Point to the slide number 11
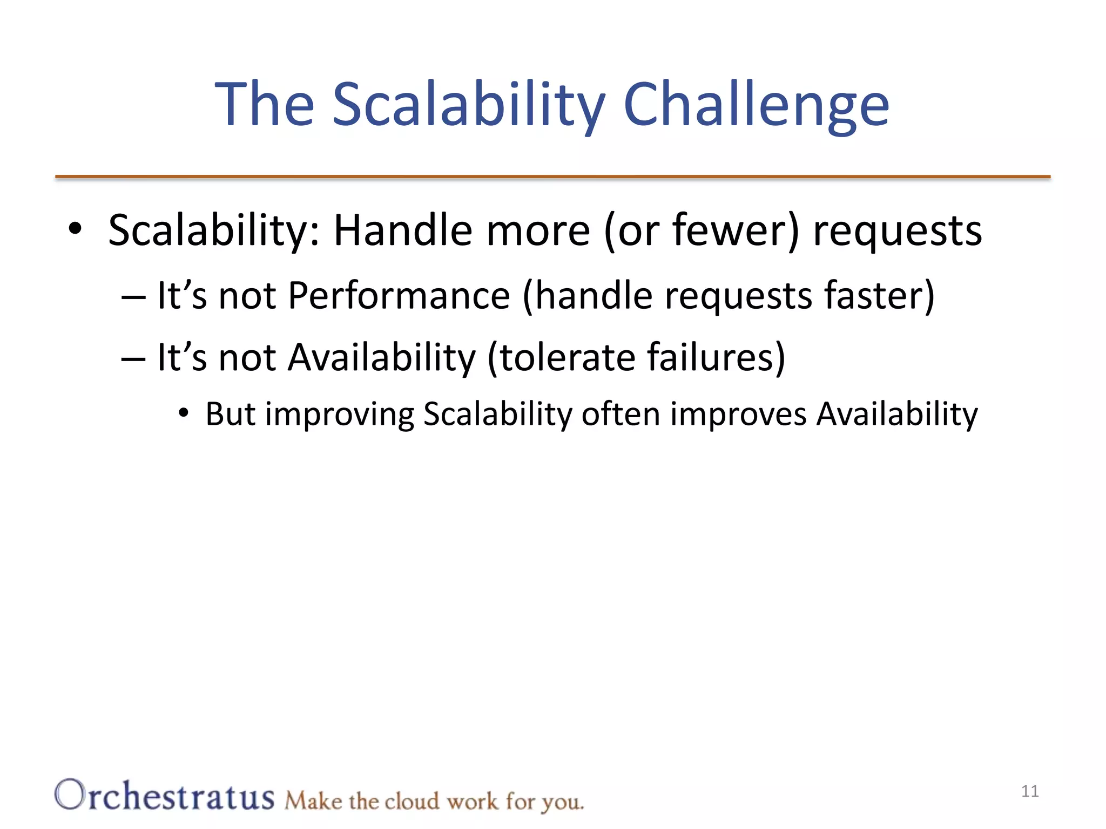tap(1030, 791)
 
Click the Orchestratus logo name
tap(164, 796)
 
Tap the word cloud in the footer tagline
tap(412, 801)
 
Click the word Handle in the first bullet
tap(402, 231)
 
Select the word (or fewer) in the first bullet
tap(701, 231)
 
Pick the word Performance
tap(399, 296)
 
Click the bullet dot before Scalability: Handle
tap(75, 229)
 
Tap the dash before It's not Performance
tap(133, 297)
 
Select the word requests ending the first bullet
tap(897, 231)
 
